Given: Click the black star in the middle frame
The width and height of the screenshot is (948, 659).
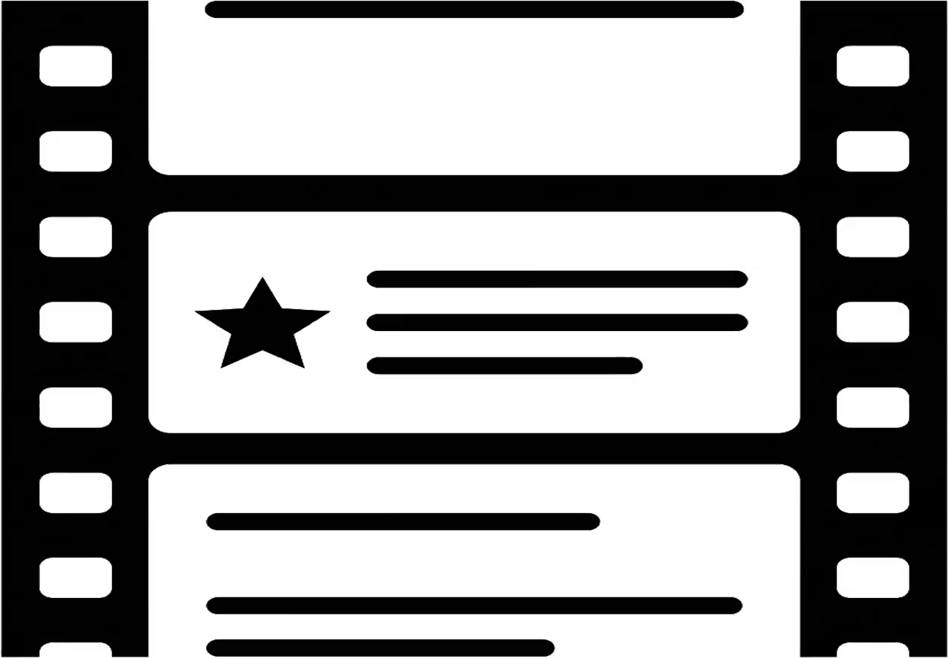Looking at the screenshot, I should (x=262, y=328).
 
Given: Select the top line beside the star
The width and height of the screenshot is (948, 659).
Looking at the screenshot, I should (x=556, y=279).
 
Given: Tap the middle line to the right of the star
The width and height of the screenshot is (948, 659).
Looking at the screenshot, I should (x=556, y=323).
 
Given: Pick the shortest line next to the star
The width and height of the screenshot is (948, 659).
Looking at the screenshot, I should (x=504, y=366).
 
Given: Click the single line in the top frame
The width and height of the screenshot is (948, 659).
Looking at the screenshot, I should (x=475, y=10).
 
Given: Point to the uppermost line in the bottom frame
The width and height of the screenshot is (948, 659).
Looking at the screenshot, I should (x=403, y=521).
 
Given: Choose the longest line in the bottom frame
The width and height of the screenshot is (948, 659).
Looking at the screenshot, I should (x=475, y=606).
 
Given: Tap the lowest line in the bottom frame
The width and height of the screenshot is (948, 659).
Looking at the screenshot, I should (x=380, y=648).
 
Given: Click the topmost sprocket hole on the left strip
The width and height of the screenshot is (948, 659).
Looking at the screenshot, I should (x=75, y=66).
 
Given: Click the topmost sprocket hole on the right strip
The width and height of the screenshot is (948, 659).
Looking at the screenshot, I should (x=873, y=66).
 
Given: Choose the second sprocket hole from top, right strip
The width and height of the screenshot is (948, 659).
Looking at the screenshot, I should (x=873, y=151).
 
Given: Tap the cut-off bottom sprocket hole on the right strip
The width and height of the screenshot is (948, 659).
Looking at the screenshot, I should (x=873, y=651).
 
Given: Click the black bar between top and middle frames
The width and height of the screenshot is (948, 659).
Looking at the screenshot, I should (x=474, y=193).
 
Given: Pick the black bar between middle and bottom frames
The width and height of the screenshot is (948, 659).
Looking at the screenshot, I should (x=474, y=448).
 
